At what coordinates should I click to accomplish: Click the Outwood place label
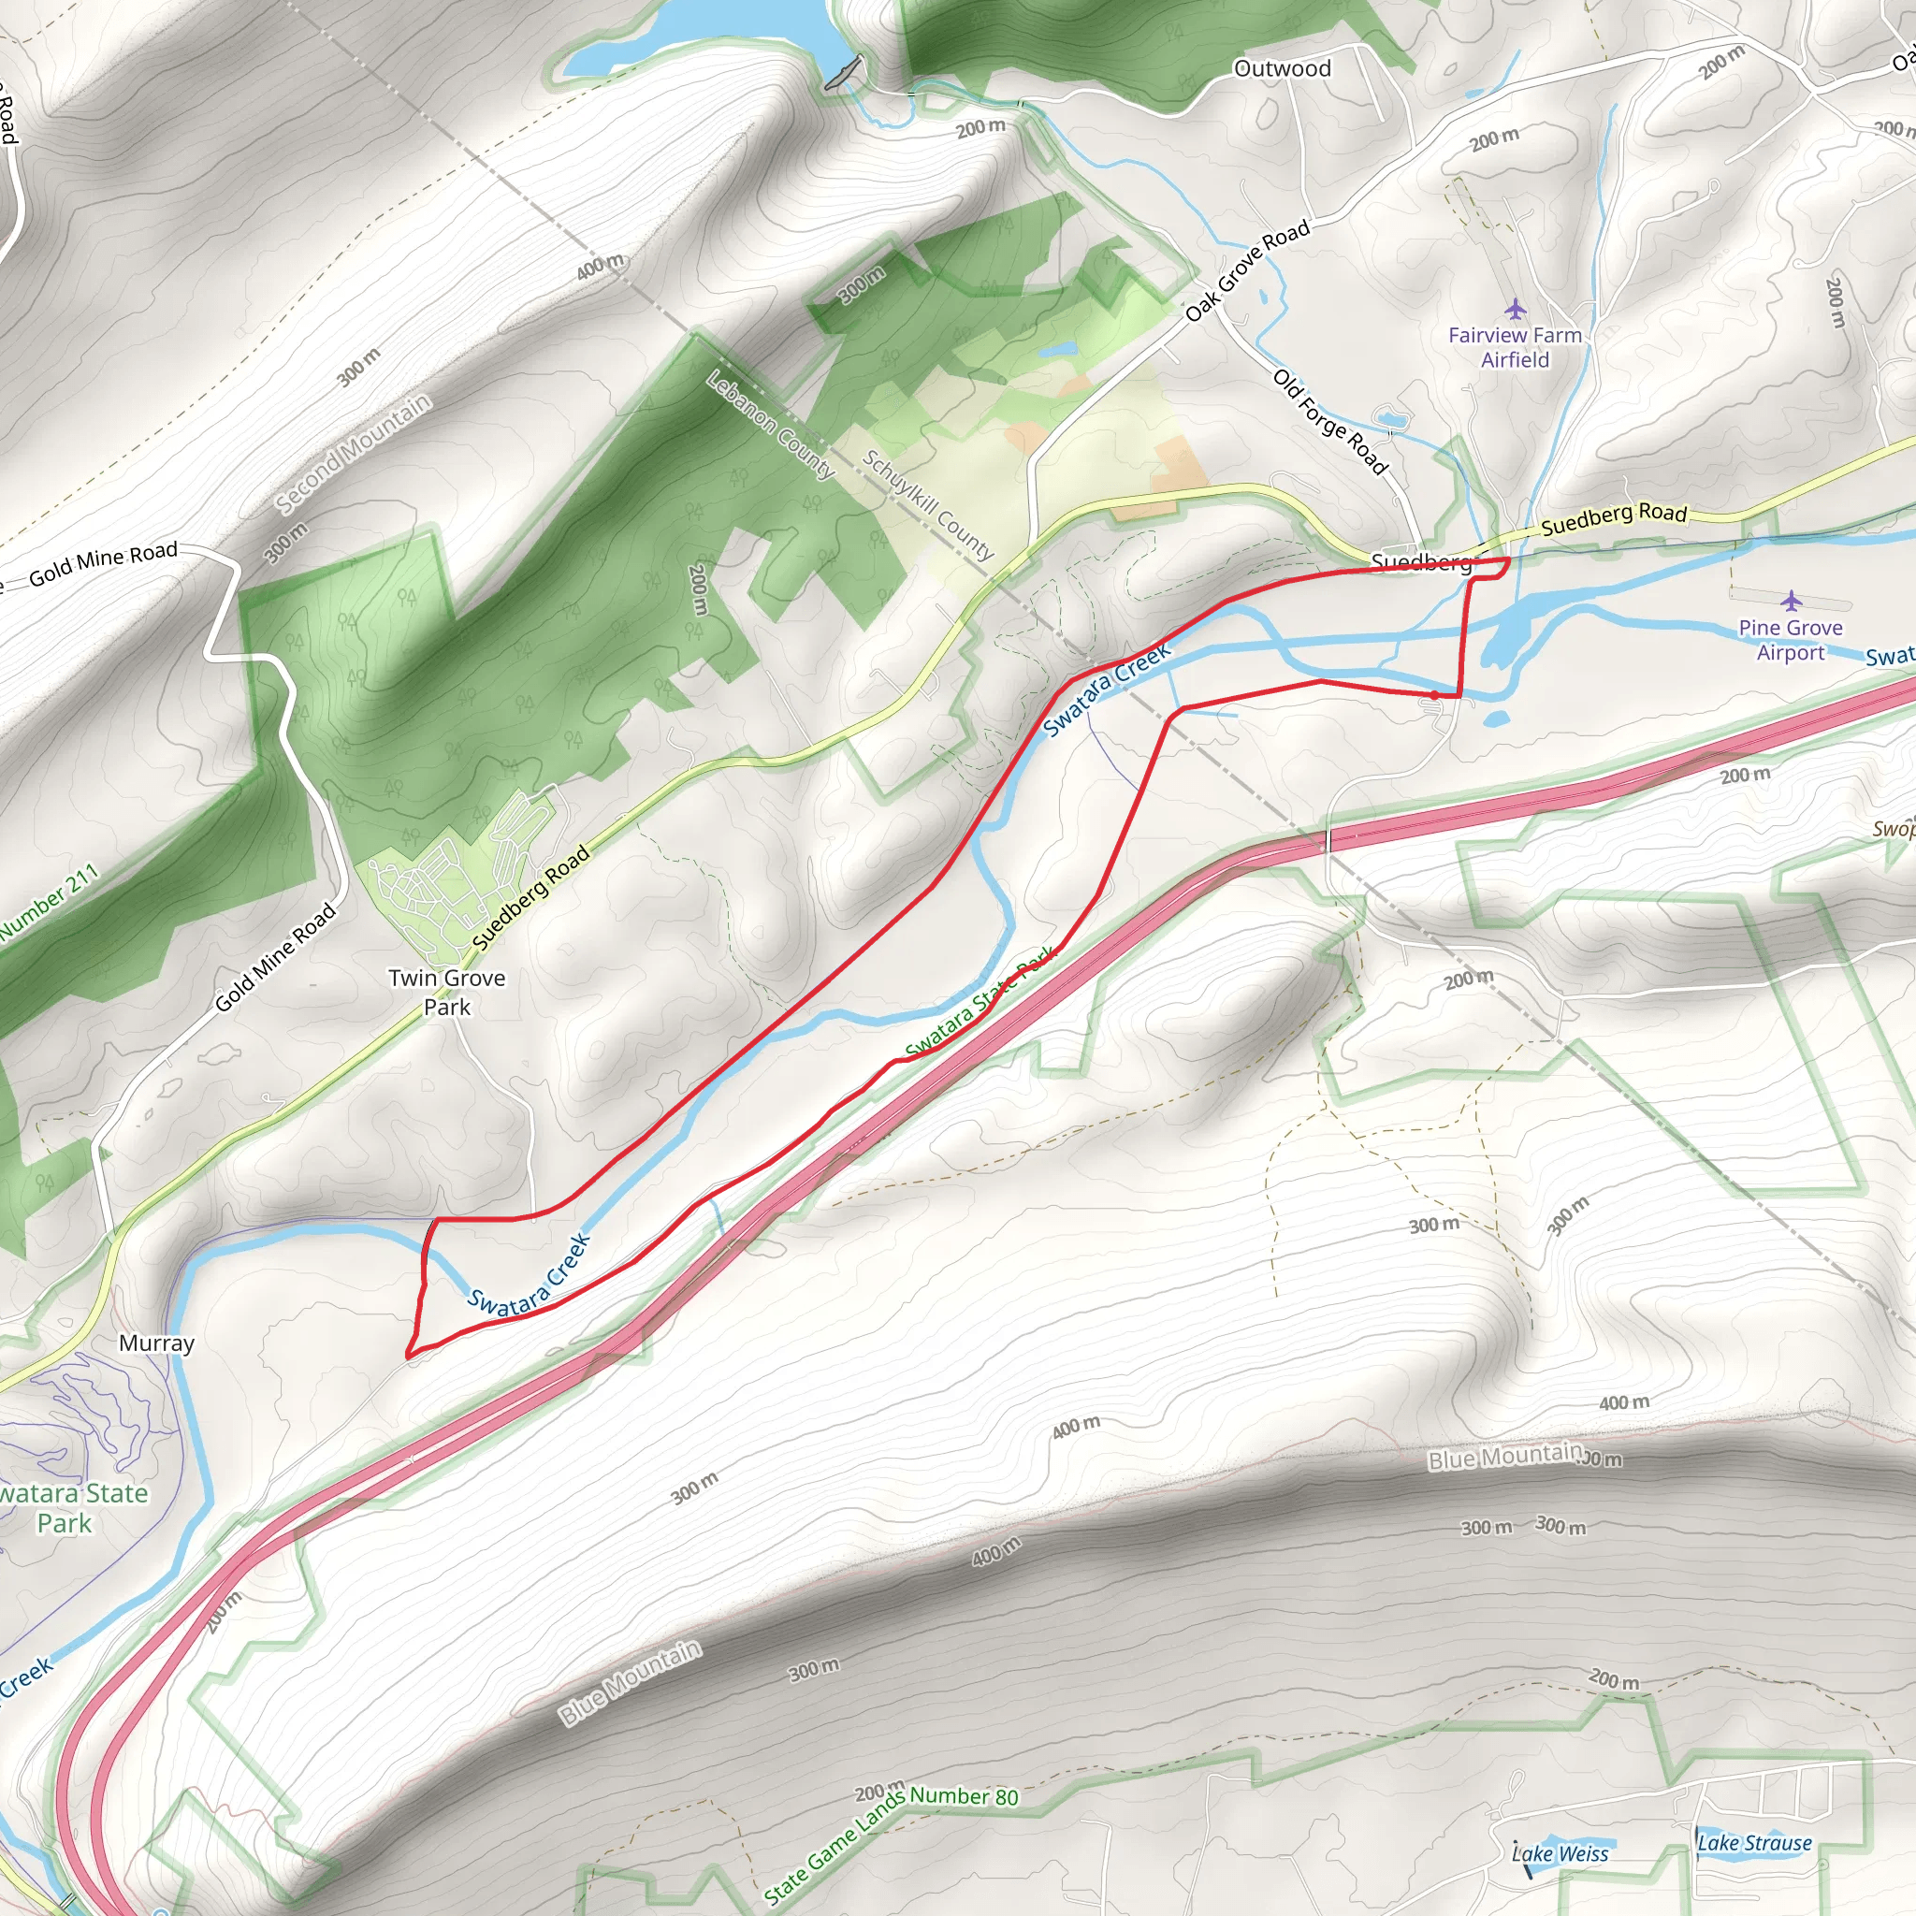tap(1283, 68)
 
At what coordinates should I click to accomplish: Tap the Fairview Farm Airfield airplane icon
tap(1515, 309)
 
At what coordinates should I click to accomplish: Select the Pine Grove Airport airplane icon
tap(1790, 600)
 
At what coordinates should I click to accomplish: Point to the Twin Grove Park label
tap(447, 992)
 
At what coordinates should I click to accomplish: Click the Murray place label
tap(156, 1343)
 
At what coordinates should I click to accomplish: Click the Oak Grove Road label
tap(1248, 269)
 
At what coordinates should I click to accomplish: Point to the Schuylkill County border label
tap(927, 505)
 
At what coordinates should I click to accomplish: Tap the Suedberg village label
tap(1420, 562)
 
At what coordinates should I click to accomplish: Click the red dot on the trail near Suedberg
tap(1434, 694)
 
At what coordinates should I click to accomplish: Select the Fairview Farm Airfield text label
tap(1515, 347)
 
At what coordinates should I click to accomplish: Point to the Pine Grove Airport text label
tap(1790, 640)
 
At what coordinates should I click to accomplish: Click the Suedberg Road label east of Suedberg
tap(1614, 517)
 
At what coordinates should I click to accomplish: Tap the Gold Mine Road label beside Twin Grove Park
tap(276, 958)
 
